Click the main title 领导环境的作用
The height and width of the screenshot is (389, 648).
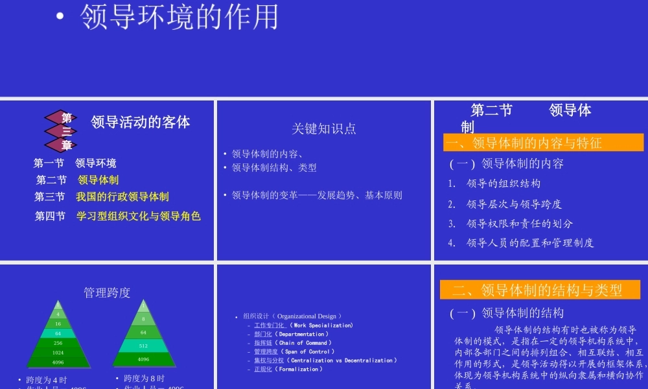[179, 18]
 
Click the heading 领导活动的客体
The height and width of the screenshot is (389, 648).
[141, 122]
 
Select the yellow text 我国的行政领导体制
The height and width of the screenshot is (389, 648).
[122, 196]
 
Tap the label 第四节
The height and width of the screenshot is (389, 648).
[50, 216]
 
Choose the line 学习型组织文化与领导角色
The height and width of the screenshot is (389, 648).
[139, 216]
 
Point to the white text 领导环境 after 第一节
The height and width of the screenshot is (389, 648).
[96, 163]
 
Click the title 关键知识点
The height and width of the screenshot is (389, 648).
[323, 128]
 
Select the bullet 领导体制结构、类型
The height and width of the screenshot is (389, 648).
[274, 168]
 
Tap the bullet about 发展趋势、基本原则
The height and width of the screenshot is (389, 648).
[317, 195]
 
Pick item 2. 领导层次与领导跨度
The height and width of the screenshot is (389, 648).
[514, 204]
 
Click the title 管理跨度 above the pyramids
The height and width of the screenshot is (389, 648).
[107, 292]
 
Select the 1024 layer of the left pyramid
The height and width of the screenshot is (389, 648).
[58, 352]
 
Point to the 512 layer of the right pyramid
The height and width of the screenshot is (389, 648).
[143, 346]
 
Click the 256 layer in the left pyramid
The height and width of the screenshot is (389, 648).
[58, 343]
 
